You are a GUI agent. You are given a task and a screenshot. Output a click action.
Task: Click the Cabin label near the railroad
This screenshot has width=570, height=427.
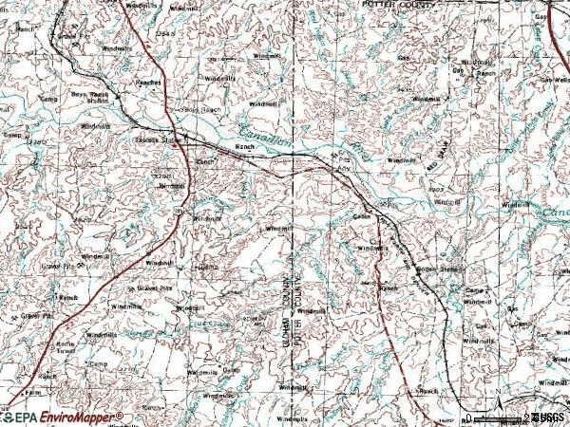[361, 215]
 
